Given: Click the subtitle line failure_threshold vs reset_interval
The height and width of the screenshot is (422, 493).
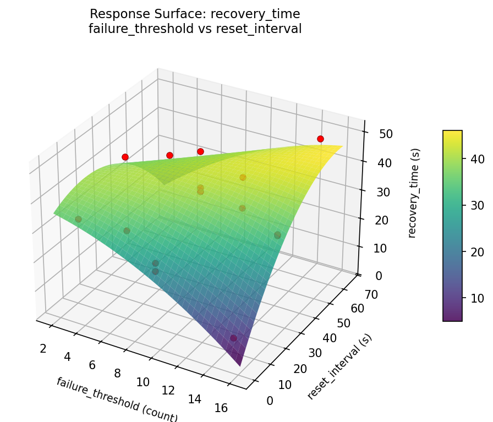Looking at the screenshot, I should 195,29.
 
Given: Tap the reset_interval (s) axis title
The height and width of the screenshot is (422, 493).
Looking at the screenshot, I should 339,366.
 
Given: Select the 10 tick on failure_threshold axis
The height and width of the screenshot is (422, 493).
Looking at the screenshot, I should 143,382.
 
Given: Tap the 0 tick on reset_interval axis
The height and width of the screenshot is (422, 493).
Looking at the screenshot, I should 269,401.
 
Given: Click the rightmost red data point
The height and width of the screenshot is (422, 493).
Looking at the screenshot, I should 320,139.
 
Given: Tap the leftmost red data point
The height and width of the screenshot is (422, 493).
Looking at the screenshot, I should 125,157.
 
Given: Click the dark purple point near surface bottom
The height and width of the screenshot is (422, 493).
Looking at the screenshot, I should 233,338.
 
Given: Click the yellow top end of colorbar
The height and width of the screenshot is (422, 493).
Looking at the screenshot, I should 452,133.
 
